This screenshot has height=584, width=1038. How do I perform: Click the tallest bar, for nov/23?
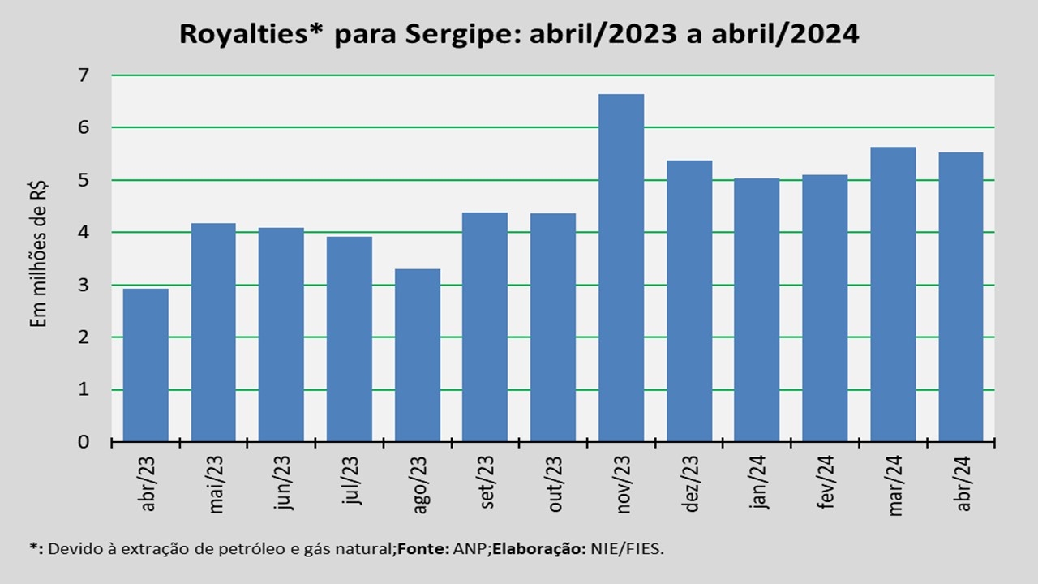point(621,268)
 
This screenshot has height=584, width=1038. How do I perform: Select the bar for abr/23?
point(146,365)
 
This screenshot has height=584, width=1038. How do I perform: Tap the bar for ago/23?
point(418,355)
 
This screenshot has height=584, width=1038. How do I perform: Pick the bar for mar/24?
point(893,294)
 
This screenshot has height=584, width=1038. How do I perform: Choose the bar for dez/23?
point(689,301)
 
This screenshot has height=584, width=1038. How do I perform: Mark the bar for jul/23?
point(350,339)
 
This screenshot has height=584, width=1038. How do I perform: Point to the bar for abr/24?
point(961,297)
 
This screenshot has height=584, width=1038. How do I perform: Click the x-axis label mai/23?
point(216,484)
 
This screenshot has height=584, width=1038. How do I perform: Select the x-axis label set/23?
point(487,484)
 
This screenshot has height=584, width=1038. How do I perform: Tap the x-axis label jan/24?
point(759,484)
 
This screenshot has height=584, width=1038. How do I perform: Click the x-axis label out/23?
point(555,484)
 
